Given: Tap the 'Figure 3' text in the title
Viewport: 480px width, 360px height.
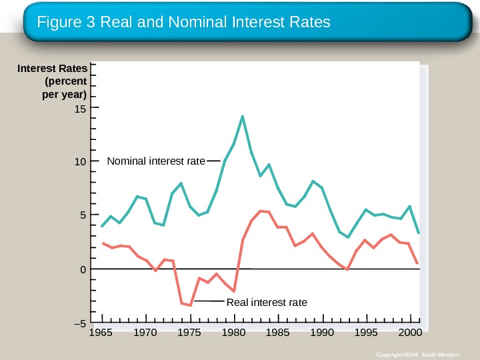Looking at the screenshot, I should pyautogui.click(x=66, y=22).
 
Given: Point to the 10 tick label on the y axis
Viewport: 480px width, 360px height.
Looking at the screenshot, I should pyautogui.click(x=82, y=161).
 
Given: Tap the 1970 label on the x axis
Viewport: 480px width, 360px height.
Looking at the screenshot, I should pyautogui.click(x=146, y=332).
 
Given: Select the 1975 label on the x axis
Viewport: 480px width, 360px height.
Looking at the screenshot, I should pyautogui.click(x=190, y=332).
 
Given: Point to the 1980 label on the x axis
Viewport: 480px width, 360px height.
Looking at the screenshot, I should pyautogui.click(x=234, y=332).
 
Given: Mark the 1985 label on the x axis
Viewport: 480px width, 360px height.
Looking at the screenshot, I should pyautogui.click(x=278, y=332).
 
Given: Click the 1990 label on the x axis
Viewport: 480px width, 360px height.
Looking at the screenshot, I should pyautogui.click(x=322, y=332).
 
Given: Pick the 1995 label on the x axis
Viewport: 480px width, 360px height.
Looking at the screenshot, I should pyautogui.click(x=366, y=332).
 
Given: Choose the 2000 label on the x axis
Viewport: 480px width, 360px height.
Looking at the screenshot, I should pyautogui.click(x=410, y=332).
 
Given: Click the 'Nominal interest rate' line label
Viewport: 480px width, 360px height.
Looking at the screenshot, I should pyautogui.click(x=156, y=161).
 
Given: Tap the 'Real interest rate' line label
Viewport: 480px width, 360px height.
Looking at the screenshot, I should pyautogui.click(x=267, y=303).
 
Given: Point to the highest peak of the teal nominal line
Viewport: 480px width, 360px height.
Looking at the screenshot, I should pyautogui.click(x=243, y=117).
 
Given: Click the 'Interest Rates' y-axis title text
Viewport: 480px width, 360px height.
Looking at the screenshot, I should pyautogui.click(x=52, y=69).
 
